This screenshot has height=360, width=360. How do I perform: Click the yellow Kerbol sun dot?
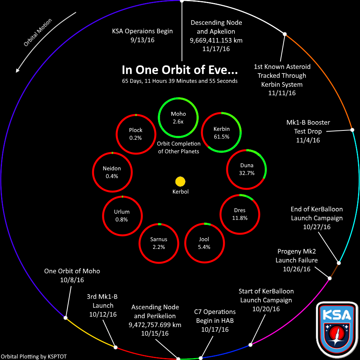coord(180,182)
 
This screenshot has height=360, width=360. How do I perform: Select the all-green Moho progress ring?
coord(178,117)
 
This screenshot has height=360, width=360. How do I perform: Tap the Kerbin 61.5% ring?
coord(222,132)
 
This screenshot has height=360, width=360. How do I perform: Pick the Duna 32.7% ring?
coord(247,169)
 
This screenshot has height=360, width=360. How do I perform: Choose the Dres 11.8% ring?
coord(239,214)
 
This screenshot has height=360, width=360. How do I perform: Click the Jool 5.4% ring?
coord(204,243)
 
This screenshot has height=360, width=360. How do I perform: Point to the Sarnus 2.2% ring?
coord(158,243)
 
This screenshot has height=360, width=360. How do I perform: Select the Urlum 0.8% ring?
coord(122,215)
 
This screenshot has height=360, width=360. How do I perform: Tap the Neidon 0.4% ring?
coord(112,172)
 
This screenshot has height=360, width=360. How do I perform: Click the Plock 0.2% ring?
coord(136,134)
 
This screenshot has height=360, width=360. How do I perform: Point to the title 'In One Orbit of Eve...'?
coord(180,70)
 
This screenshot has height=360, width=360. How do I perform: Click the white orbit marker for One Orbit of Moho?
coord(65,318)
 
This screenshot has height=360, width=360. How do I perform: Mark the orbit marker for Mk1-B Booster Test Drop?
coord(352,130)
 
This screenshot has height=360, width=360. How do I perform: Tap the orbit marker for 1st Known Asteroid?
coord(284,34)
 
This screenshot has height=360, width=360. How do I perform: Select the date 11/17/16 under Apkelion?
coord(216,49)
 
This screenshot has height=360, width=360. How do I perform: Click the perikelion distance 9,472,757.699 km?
coord(155,325)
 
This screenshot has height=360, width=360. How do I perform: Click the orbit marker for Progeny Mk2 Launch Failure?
coord(330,278)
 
